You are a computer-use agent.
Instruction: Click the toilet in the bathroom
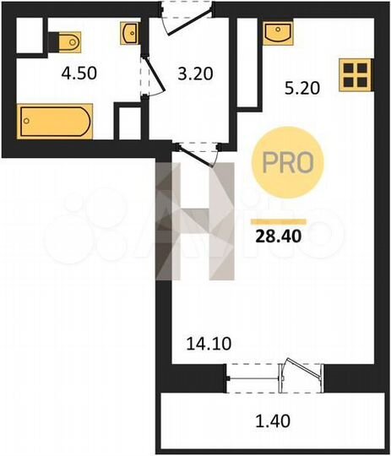click(x=68, y=41)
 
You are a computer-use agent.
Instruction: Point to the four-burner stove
click(x=355, y=75)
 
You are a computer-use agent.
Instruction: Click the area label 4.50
click(x=79, y=73)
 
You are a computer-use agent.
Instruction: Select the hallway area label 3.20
click(x=195, y=73)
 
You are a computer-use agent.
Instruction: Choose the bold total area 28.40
click(x=278, y=234)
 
